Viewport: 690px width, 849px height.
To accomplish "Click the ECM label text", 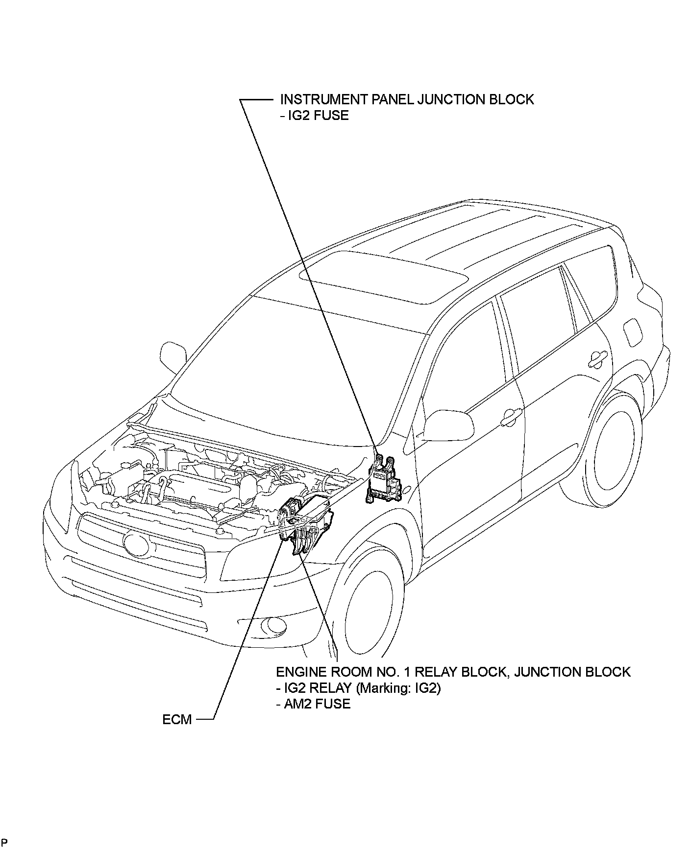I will (177, 720).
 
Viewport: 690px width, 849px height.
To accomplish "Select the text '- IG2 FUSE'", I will (314, 116).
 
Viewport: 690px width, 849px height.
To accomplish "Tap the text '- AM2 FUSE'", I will (313, 704).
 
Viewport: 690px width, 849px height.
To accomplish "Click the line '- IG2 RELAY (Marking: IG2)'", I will (358, 688).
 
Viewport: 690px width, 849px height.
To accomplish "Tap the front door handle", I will (511, 417).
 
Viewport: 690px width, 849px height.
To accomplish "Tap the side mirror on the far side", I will (173, 356).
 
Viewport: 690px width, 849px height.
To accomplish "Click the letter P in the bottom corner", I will (4, 842).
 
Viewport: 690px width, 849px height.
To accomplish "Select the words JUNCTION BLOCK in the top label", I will (475, 99).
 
